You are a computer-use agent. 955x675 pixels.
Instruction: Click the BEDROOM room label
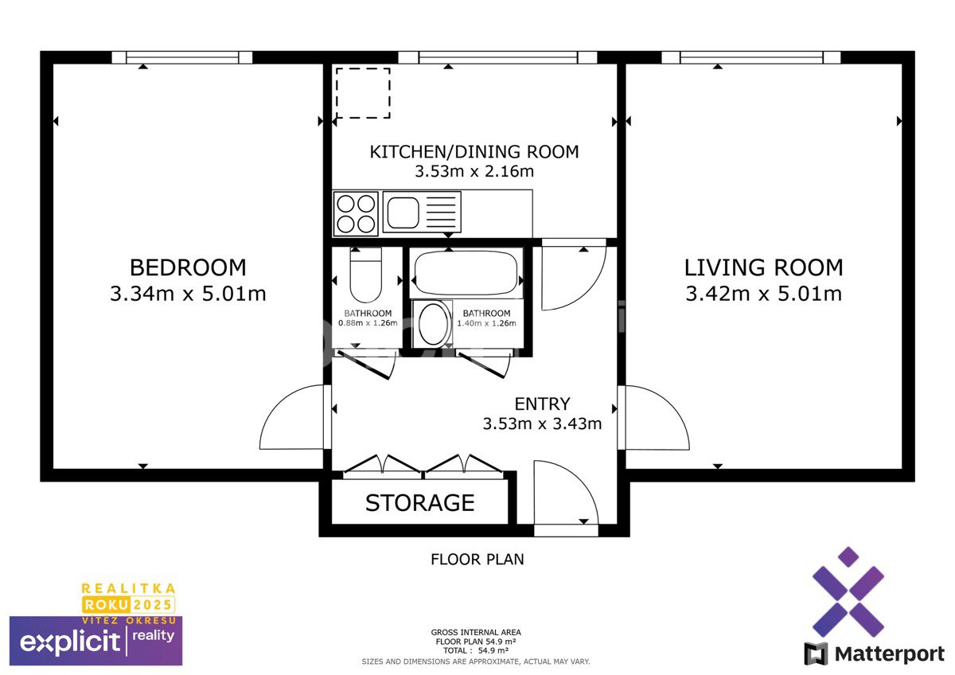click(x=188, y=267)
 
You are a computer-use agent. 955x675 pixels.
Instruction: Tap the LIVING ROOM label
click(x=763, y=267)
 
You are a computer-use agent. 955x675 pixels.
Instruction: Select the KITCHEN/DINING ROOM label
click(x=474, y=152)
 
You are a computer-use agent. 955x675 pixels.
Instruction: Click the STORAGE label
click(x=420, y=503)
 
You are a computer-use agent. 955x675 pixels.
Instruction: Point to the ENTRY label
click(x=542, y=404)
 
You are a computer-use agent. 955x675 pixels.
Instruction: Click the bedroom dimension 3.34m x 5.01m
click(x=188, y=294)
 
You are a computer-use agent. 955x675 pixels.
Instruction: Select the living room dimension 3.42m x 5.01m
click(x=763, y=294)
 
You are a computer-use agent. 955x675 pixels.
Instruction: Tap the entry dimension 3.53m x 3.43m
click(x=542, y=423)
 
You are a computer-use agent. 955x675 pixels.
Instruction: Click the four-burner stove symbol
click(x=356, y=213)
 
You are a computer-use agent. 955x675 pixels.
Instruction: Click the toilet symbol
click(x=365, y=275)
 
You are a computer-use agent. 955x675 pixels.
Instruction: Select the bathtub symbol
click(x=466, y=273)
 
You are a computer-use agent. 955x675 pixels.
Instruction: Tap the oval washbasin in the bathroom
click(x=433, y=324)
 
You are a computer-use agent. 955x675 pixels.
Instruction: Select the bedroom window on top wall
click(x=182, y=57)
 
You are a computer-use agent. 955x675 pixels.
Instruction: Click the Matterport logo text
click(x=890, y=654)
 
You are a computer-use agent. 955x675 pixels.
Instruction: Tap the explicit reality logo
click(x=96, y=641)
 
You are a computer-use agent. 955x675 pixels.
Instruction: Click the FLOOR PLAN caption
click(x=477, y=560)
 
